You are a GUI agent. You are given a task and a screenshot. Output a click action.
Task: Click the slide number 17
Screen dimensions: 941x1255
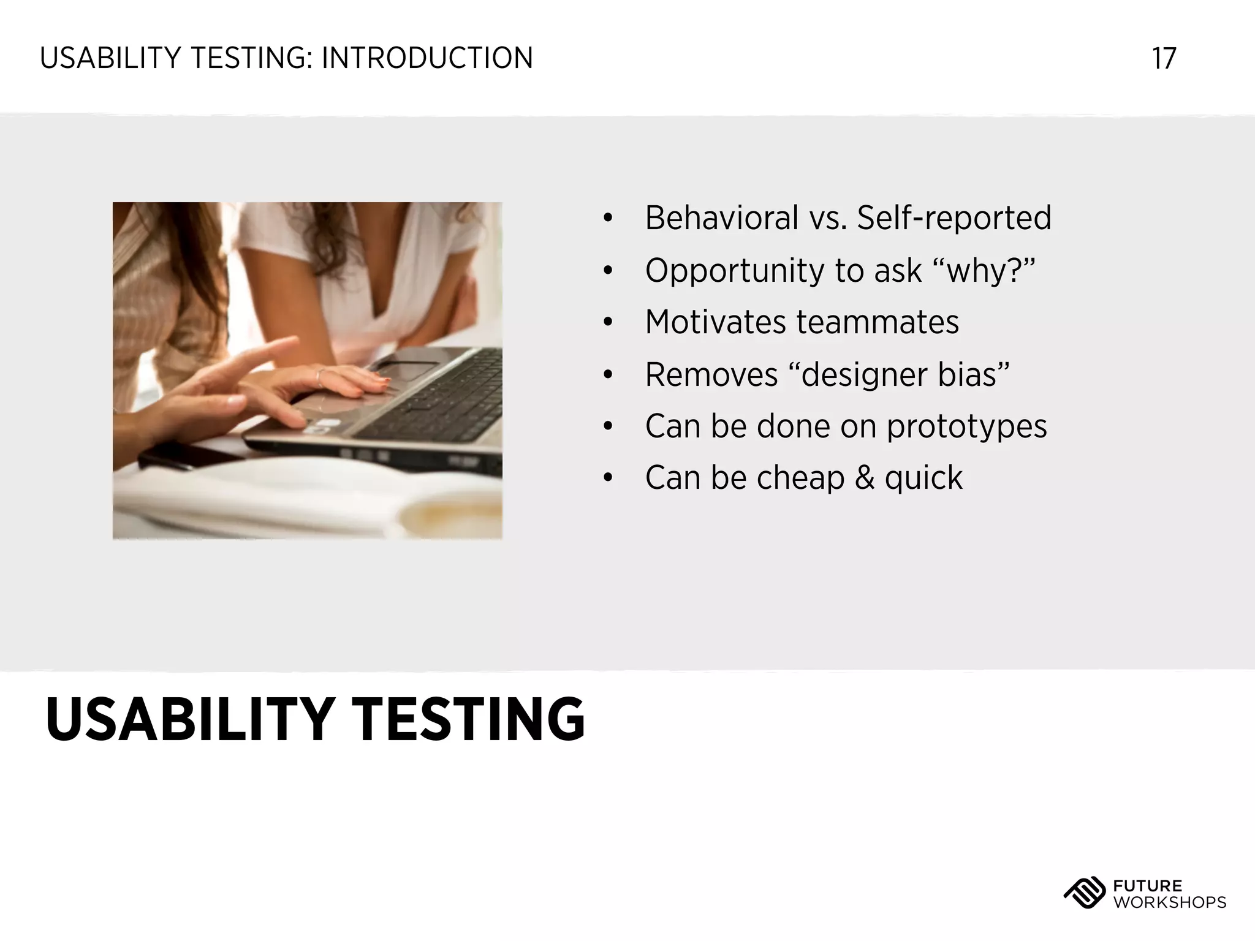[x=1164, y=59]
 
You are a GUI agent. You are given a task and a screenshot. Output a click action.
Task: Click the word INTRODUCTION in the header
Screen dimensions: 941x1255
[x=427, y=59]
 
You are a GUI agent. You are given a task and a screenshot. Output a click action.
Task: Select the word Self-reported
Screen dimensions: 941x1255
[x=954, y=218]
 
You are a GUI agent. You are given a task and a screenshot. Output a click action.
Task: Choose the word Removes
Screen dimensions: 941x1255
[x=711, y=374]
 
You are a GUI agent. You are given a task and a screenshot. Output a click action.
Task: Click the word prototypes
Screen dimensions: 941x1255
[x=966, y=426]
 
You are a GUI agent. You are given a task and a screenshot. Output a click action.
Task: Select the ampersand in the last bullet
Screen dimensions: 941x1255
[x=864, y=478]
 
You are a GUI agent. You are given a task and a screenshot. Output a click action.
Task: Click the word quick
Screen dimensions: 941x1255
[x=923, y=478]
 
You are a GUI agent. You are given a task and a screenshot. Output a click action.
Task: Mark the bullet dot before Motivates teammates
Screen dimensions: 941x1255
[x=607, y=322]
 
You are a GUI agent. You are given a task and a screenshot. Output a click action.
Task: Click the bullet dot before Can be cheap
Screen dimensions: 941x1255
[x=607, y=478]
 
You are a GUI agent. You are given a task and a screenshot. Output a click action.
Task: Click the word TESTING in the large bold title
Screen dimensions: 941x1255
[x=469, y=720]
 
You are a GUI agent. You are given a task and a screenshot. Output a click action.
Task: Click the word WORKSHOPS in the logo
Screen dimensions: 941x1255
[x=1169, y=902]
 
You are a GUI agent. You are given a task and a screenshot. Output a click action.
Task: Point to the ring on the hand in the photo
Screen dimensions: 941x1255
[x=319, y=377]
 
